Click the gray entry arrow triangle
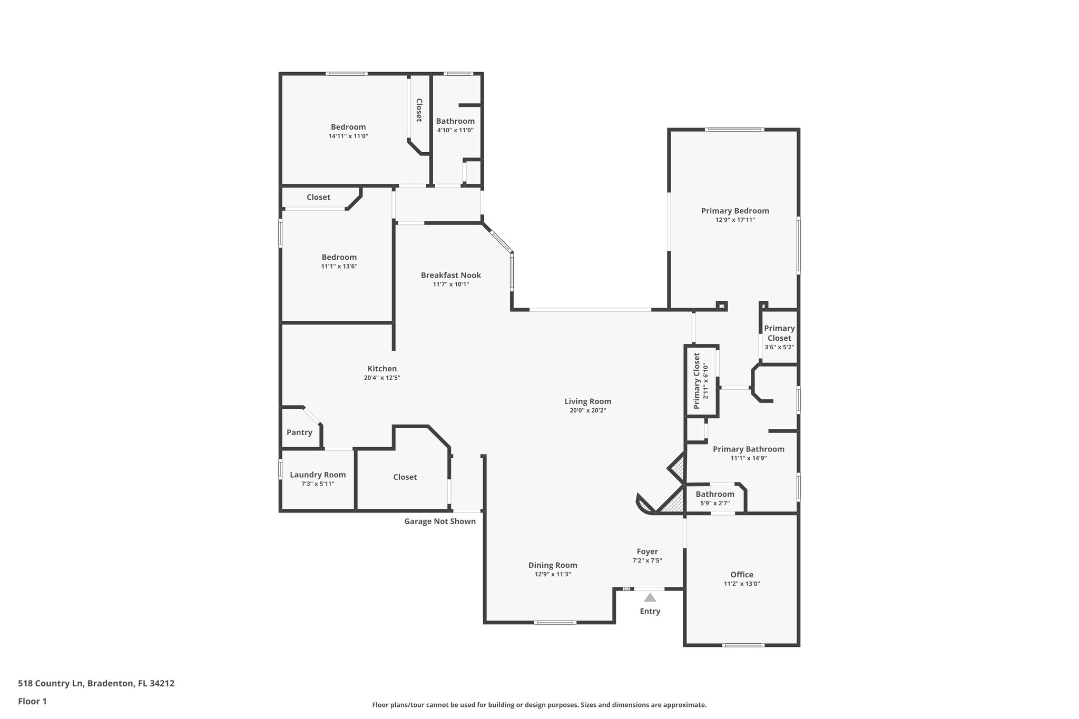click(650, 597)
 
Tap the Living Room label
click(587, 401)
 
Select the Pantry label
click(299, 432)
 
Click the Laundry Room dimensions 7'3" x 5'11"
click(318, 484)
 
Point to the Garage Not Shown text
click(440, 521)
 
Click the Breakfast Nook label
click(450, 275)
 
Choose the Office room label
click(741, 575)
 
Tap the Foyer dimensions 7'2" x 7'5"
click(647, 561)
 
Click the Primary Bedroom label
click(735, 211)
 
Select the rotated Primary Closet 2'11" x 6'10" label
click(700, 381)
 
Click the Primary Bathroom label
click(748, 449)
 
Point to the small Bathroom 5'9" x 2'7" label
click(714, 494)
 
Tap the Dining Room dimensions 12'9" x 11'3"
click(553, 575)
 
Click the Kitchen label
click(382, 369)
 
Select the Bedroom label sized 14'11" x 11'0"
click(348, 127)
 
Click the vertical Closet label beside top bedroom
click(419, 110)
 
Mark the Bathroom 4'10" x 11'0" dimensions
click(455, 130)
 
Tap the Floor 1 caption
click(33, 701)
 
